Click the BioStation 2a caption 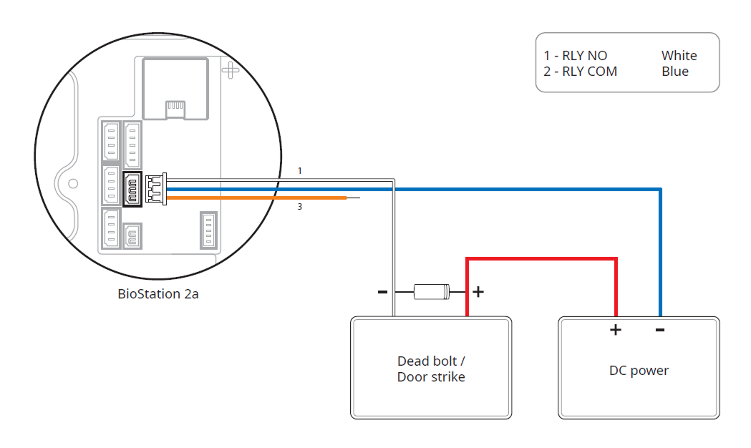click(158, 293)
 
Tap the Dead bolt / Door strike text click(431, 369)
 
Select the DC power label click(639, 371)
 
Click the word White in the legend click(679, 56)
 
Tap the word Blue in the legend click(675, 72)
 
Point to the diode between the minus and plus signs click(432, 291)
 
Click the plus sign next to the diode click(478, 291)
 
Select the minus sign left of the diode click(382, 291)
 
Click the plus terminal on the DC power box click(615, 330)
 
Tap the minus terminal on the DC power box click(660, 330)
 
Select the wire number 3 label click(301, 207)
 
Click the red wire click(541, 259)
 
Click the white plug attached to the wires click(155, 189)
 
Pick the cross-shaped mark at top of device click(231, 69)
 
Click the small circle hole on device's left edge click(72, 183)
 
